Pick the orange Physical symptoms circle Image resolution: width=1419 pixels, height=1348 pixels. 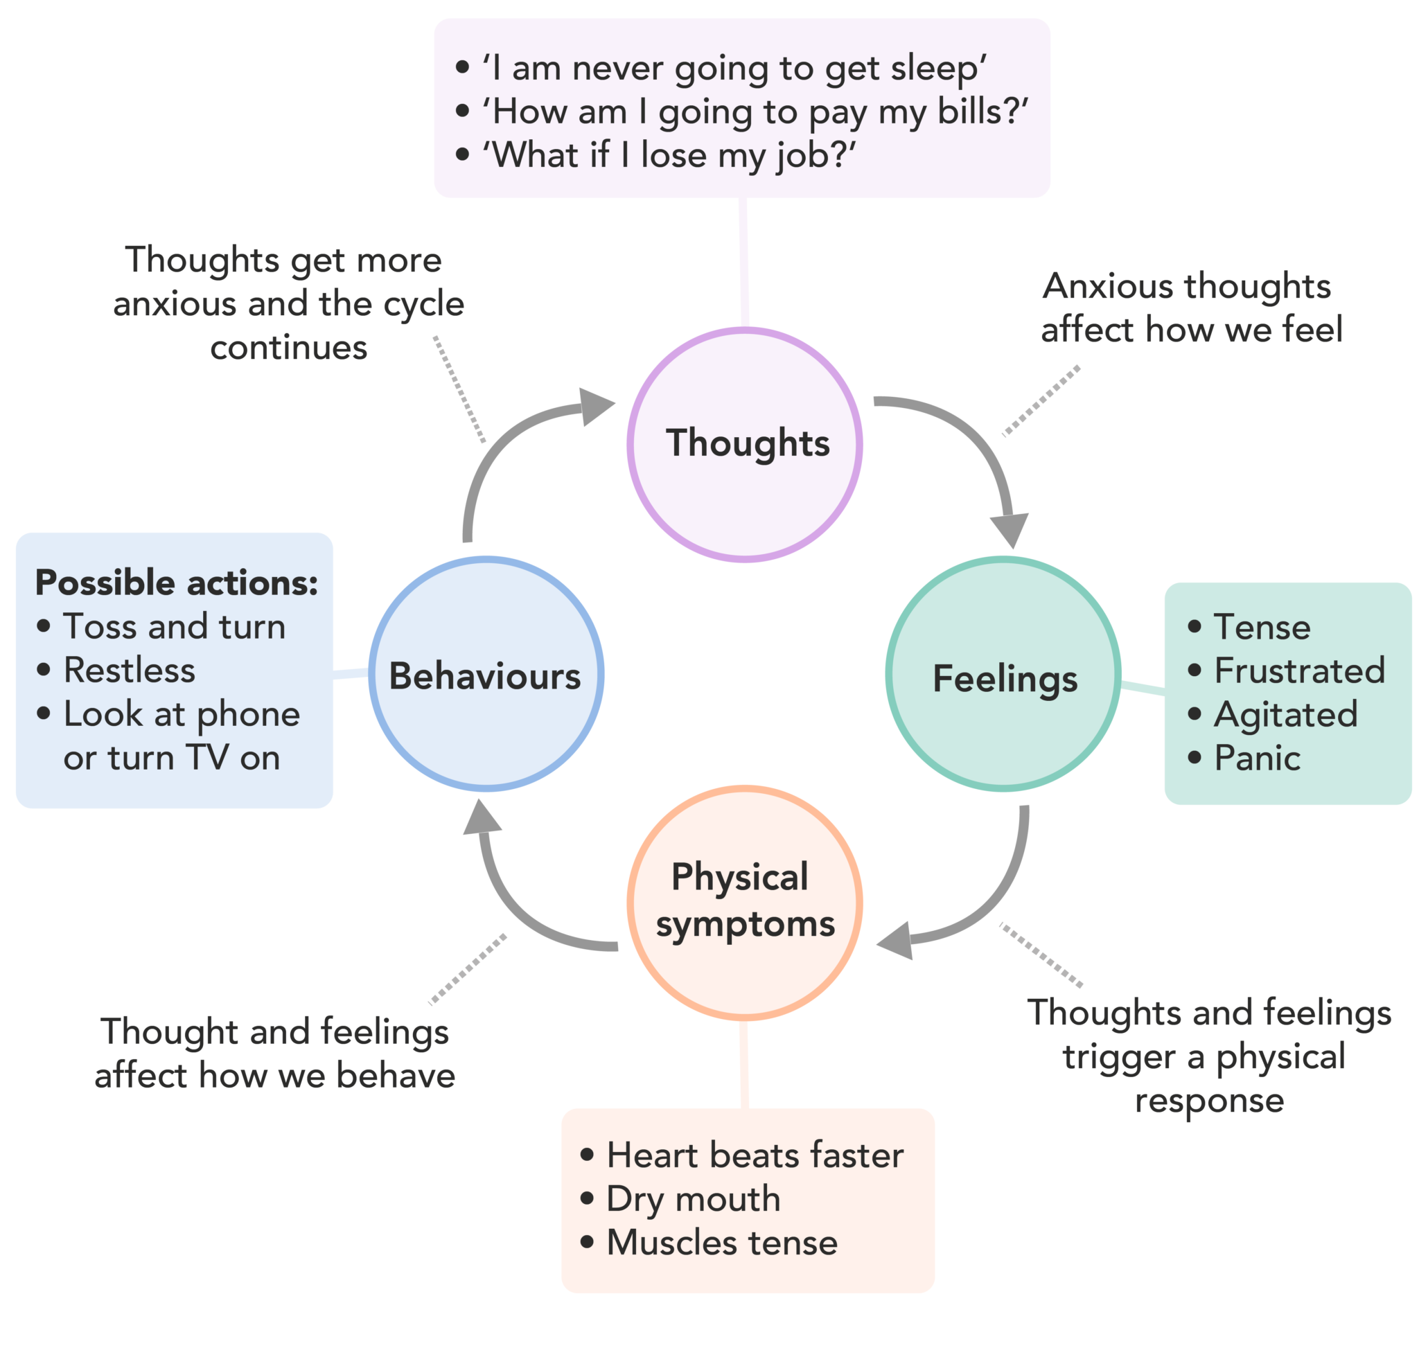[x=745, y=903]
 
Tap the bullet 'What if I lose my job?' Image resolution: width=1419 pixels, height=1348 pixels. [x=669, y=155]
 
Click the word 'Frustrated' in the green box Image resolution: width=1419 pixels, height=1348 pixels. [x=1299, y=671]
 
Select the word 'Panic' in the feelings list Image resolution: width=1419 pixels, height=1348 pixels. [x=1257, y=758]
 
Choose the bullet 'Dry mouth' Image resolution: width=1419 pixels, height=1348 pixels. [x=693, y=1199]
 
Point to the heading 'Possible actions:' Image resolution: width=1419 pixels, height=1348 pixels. [x=176, y=583]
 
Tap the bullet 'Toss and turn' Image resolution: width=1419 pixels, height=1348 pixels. [x=174, y=627]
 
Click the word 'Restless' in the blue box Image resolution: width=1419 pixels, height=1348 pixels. [x=130, y=671]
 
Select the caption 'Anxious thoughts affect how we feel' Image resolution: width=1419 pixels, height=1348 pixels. [x=1191, y=308]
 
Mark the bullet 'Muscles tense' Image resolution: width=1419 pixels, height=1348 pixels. [x=722, y=1243]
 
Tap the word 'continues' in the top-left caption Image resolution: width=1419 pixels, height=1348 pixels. [x=289, y=348]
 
